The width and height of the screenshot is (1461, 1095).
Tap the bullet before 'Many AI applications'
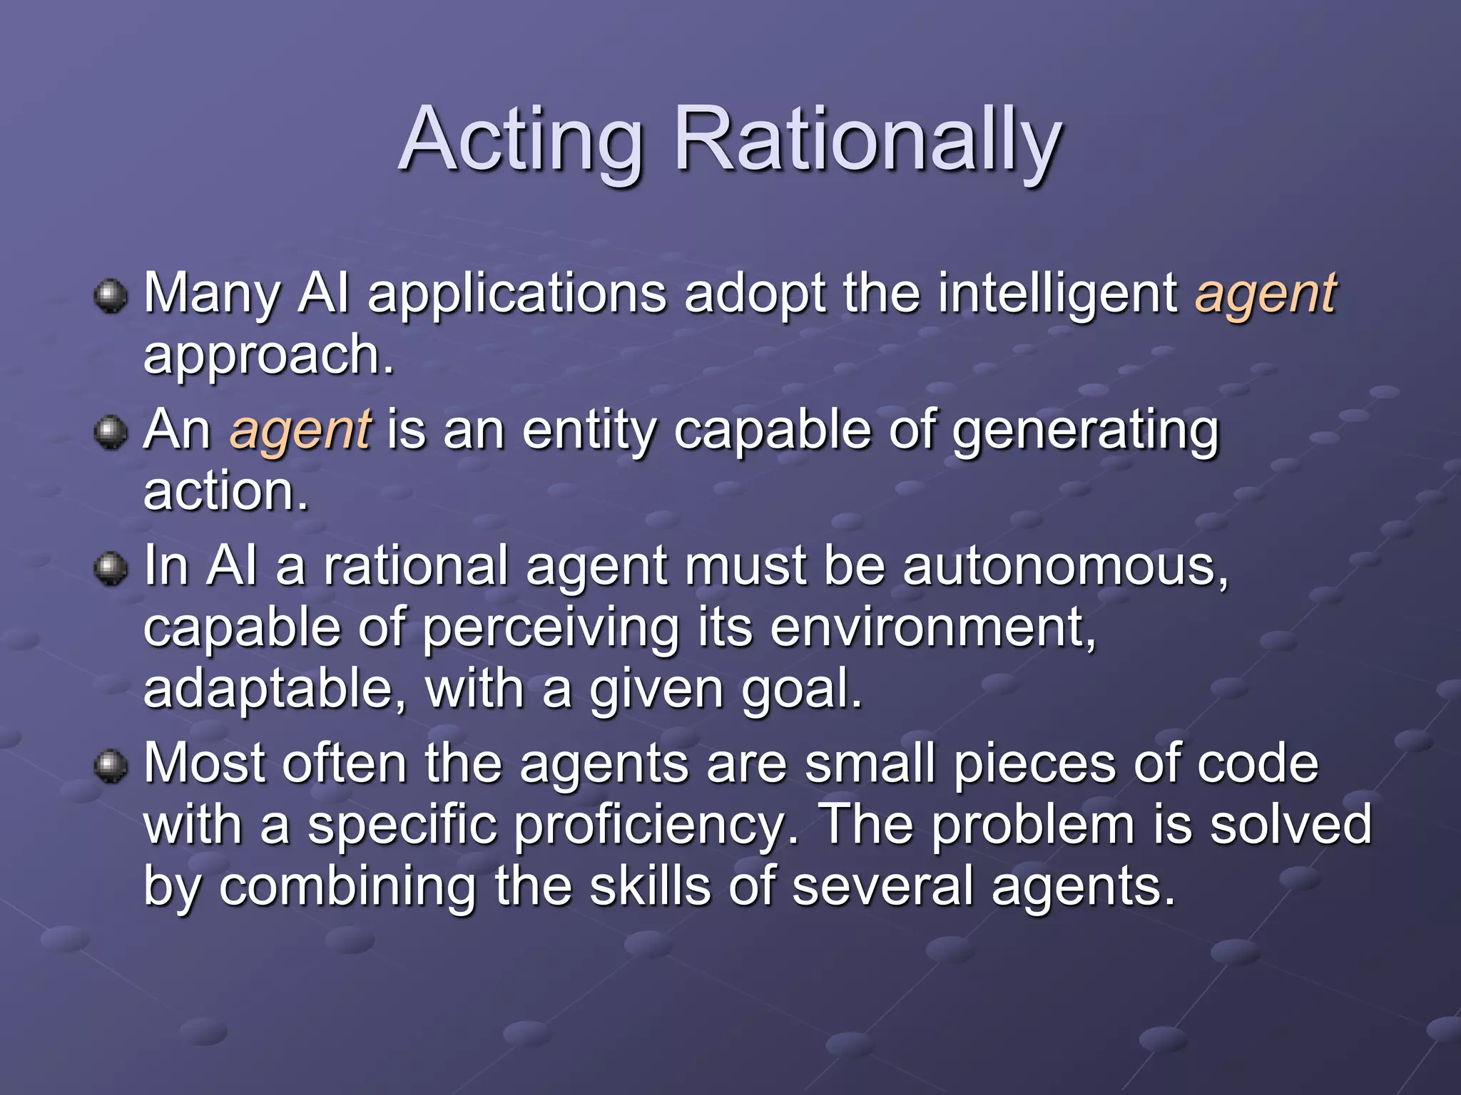pos(111,296)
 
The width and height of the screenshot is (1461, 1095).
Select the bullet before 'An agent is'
pos(111,432)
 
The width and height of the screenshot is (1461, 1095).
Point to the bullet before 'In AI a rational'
pos(111,568)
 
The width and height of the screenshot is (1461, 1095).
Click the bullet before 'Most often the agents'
pos(111,766)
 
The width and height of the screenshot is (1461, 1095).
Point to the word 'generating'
pos(1086,432)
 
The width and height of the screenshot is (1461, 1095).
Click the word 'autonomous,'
pos(1066,566)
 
